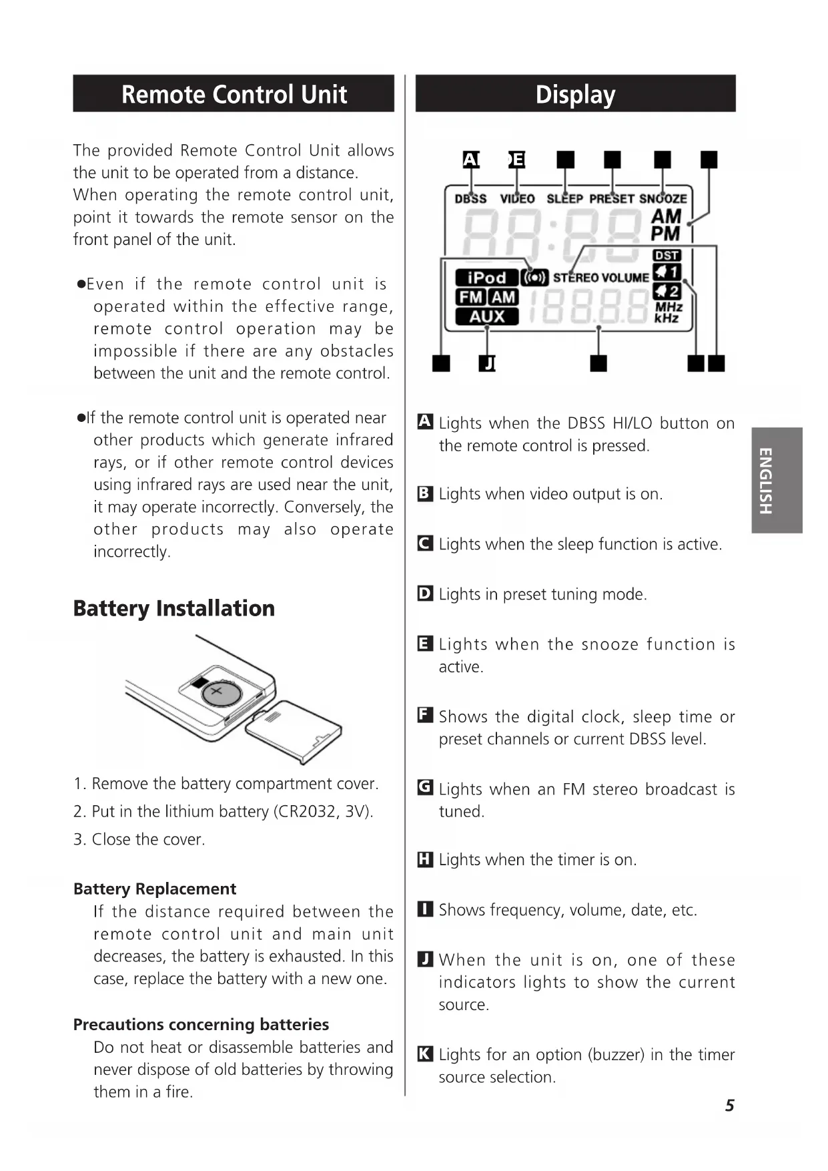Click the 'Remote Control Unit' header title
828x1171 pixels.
[x=234, y=94]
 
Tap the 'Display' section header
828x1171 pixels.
[x=575, y=94]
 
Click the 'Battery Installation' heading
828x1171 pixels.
[x=173, y=608]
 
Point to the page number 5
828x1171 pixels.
[x=729, y=1106]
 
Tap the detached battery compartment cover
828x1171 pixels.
[x=294, y=731]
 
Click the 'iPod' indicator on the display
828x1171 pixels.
[x=486, y=278]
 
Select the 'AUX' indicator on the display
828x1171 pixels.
[x=486, y=316]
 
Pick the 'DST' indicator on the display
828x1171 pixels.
[x=666, y=255]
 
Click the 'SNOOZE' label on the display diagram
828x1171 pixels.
[x=663, y=198]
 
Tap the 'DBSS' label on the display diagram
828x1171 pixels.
[x=470, y=198]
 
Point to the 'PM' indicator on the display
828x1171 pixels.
[x=665, y=234]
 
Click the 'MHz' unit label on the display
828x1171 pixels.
[x=669, y=306]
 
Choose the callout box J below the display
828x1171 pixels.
[x=488, y=363]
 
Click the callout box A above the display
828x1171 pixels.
[x=470, y=159]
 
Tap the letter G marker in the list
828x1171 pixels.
[x=425, y=788]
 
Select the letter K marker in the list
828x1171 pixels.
[x=425, y=1053]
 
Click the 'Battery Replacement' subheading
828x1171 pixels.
[x=155, y=889]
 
